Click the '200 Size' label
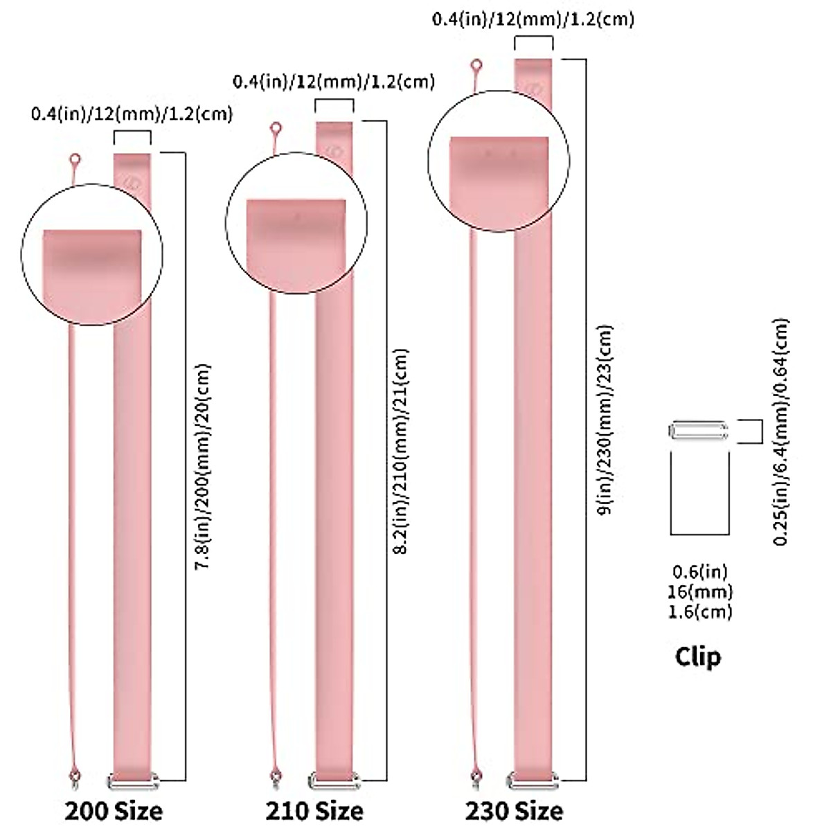114,810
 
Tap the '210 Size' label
314,810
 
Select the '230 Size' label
513,810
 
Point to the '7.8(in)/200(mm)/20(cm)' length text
202,467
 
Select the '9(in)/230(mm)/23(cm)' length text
605,419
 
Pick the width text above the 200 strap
132,113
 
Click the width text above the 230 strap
533,19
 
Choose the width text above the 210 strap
334,82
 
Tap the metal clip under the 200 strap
132,782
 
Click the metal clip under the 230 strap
533,779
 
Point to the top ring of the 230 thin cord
476,66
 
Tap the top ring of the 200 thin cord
75,161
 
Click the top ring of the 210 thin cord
276,128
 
